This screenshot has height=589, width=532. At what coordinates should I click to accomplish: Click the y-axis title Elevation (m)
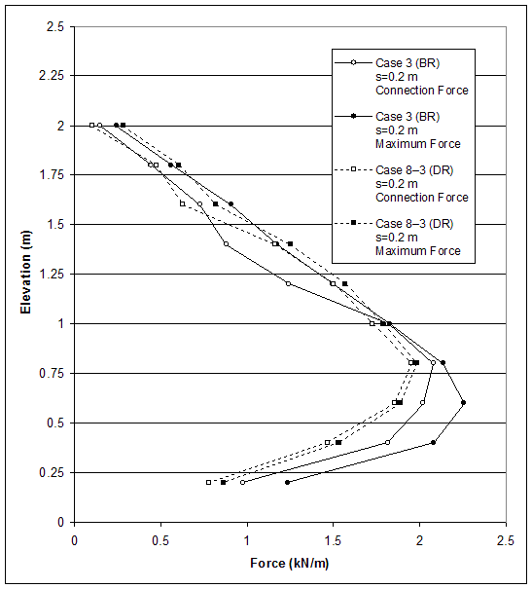26,275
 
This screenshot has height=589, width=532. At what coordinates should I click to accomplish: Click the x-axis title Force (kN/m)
290,563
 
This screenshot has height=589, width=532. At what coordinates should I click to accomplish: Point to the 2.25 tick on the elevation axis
54,76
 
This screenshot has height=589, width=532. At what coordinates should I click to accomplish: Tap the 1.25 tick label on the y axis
54,275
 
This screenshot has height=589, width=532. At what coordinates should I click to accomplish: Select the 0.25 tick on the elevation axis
54,473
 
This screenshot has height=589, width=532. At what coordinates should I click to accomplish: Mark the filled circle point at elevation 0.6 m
463,402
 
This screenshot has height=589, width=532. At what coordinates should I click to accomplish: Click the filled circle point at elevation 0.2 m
287,482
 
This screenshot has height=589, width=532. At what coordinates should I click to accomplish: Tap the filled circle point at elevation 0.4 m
433,442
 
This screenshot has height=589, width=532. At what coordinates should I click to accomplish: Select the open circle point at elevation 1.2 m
288,283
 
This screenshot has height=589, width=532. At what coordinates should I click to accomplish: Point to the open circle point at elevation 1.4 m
226,243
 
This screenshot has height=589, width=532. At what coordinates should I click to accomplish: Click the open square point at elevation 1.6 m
182,203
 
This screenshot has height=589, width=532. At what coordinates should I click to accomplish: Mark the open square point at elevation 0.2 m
208,482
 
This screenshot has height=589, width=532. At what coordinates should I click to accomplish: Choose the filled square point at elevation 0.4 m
338,442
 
